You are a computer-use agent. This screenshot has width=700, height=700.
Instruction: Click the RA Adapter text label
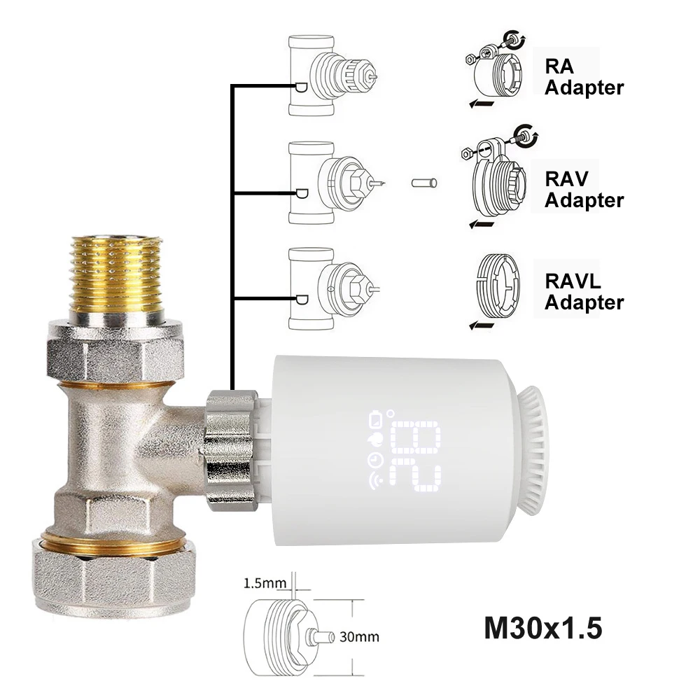point(583,77)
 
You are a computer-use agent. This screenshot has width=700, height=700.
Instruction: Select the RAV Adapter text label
point(583,189)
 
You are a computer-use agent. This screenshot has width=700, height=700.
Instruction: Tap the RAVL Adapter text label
point(583,292)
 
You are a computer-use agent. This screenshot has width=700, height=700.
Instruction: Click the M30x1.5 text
point(542,628)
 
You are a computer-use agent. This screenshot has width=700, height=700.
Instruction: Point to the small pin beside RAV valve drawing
point(424,183)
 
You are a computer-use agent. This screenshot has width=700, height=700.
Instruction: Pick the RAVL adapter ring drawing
point(499,288)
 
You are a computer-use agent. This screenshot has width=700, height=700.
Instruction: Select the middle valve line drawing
point(329,183)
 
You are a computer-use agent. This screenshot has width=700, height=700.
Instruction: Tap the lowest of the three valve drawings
point(329,288)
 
